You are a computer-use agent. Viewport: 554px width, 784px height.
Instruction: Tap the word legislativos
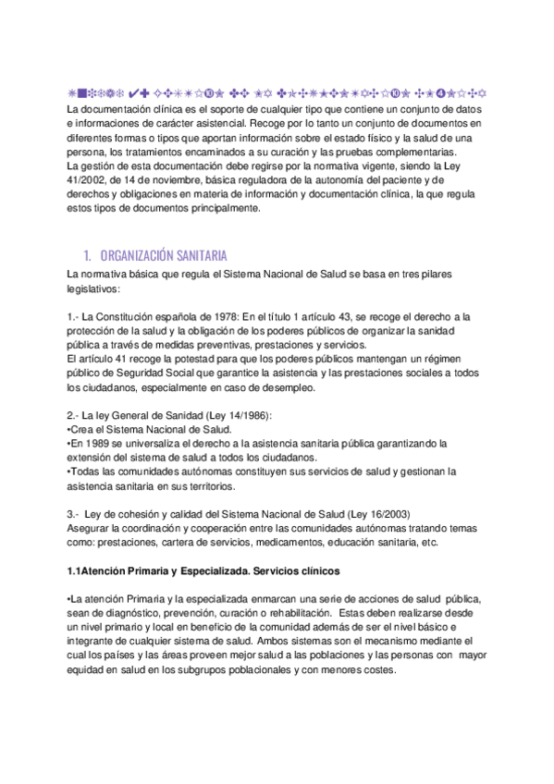93,288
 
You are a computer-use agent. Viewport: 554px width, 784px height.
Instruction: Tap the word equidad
88,669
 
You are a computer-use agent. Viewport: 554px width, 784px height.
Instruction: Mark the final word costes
377,669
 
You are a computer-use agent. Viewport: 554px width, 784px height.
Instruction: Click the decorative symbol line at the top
277,93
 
